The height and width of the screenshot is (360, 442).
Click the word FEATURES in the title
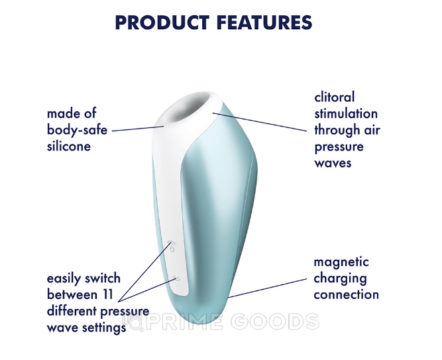point(265,23)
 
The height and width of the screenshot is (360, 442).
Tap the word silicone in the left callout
point(69,147)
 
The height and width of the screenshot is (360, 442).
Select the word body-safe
point(78,130)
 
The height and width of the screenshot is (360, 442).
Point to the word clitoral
point(335,97)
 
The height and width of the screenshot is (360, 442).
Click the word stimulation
point(346,113)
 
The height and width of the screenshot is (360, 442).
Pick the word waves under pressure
point(333,163)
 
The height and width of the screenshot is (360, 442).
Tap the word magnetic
point(341,263)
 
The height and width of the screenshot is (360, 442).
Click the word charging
point(340,278)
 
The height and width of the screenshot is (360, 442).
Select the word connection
point(346,295)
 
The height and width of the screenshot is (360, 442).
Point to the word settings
point(104,328)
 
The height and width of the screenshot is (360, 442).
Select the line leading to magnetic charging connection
point(267,288)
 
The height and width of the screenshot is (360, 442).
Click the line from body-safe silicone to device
point(138,129)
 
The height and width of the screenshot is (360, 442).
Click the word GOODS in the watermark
point(275,322)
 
